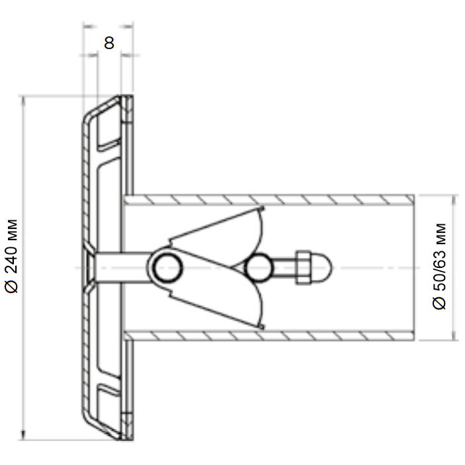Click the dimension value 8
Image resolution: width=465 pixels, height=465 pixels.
(109, 43)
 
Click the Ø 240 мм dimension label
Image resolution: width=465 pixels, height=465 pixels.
(12, 256)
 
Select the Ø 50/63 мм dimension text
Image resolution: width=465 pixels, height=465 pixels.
(439, 267)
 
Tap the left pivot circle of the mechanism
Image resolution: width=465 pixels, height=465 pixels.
(167, 268)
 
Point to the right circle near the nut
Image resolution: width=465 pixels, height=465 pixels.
(259, 268)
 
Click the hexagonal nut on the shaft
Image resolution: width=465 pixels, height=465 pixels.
(303, 268)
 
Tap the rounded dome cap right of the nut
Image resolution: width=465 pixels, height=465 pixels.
(321, 268)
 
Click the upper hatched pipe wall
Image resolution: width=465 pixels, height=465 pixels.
(269, 200)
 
